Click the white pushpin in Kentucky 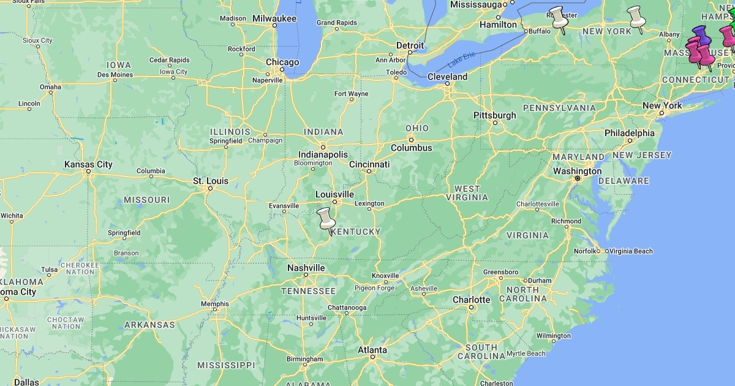click(x=326, y=218)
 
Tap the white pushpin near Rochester click(x=558, y=17)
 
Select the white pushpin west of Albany click(x=636, y=17)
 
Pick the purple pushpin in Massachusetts click(x=701, y=35)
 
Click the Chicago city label click(x=282, y=62)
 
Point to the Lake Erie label click(x=461, y=61)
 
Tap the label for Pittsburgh click(x=494, y=115)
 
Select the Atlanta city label click(x=372, y=350)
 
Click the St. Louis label click(x=210, y=181)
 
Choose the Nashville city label click(x=306, y=268)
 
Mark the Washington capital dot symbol click(x=577, y=178)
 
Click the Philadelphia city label click(x=629, y=133)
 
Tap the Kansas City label click(x=88, y=164)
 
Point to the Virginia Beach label click(x=631, y=251)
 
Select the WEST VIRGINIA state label click(x=467, y=193)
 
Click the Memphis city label click(x=214, y=304)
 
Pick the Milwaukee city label click(x=274, y=19)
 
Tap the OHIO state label click(x=417, y=128)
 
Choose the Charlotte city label click(x=471, y=300)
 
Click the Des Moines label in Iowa click(x=115, y=75)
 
